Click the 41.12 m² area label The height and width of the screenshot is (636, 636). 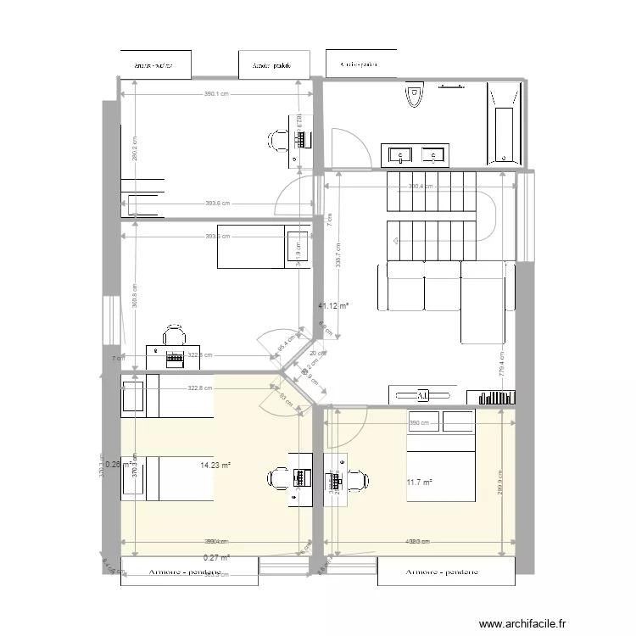tap(333, 306)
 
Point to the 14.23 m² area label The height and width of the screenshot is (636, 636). tap(215, 465)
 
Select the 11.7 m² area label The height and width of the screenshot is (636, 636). tap(419, 483)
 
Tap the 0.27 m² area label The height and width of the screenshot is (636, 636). tap(216, 557)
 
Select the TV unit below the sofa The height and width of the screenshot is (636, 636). tap(421, 395)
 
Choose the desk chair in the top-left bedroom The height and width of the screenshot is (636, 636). tap(278, 140)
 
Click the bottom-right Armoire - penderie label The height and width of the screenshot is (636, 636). tap(444, 572)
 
